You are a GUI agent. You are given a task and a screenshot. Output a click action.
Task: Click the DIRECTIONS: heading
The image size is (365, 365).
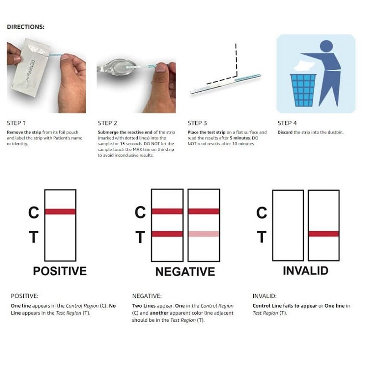point(26,27)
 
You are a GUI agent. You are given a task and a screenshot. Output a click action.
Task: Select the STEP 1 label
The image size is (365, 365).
point(16,123)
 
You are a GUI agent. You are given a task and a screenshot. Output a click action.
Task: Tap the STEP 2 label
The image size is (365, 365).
point(107,123)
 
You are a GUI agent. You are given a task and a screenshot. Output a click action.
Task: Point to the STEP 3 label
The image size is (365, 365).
point(198,123)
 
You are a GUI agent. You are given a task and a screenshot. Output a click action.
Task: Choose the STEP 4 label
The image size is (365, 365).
point(287,123)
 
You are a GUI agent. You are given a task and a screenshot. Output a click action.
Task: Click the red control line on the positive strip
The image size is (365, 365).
point(60,211)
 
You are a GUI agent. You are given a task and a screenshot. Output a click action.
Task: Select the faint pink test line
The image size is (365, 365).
point(203,234)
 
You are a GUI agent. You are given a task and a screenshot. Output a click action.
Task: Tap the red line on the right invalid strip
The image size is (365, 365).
point(323,234)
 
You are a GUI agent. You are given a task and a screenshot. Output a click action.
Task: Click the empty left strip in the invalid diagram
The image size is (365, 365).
point(287,224)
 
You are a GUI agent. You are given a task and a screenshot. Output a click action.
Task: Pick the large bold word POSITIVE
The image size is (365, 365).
point(60,271)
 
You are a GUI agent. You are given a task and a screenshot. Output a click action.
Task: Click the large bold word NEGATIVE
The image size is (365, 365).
point(185,272)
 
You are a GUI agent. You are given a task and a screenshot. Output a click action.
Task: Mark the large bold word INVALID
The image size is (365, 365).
point(305,271)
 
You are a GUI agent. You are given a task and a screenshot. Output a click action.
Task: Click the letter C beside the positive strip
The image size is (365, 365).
point(34,213)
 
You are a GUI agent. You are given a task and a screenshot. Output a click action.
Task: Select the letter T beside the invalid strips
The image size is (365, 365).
point(261,237)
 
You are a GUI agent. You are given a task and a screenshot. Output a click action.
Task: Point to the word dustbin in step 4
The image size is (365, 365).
point(335,132)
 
